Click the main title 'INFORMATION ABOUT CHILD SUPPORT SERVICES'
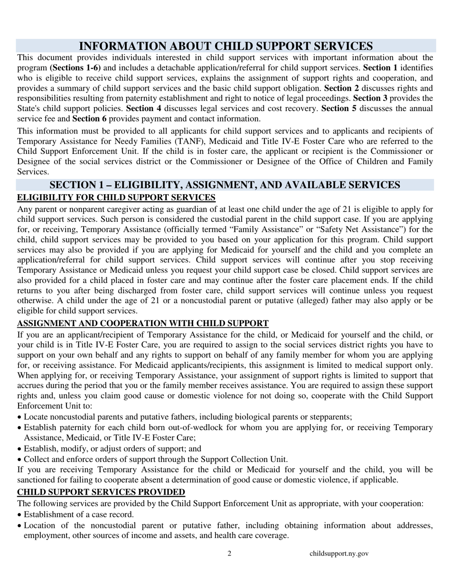(225, 46)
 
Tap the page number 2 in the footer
(230, 553)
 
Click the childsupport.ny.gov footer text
(339, 553)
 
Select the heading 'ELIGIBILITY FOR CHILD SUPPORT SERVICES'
(116, 197)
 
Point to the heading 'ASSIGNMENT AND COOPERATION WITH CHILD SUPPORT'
(143, 323)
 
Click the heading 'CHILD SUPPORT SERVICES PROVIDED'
(101, 491)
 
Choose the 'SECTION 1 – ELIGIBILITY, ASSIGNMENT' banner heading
(225, 185)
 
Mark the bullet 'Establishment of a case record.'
(79, 514)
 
